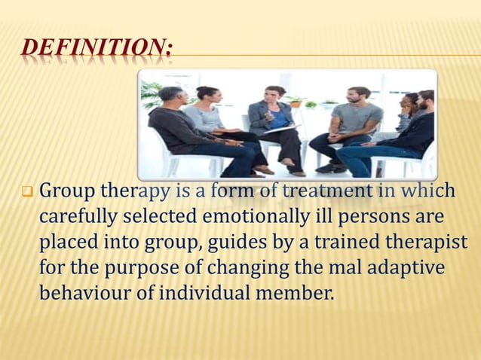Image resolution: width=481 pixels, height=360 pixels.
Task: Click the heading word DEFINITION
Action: [x=95, y=50]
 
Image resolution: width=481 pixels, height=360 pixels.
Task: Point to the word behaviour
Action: [x=86, y=292]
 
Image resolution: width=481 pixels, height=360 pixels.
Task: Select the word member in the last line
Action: [x=293, y=292]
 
